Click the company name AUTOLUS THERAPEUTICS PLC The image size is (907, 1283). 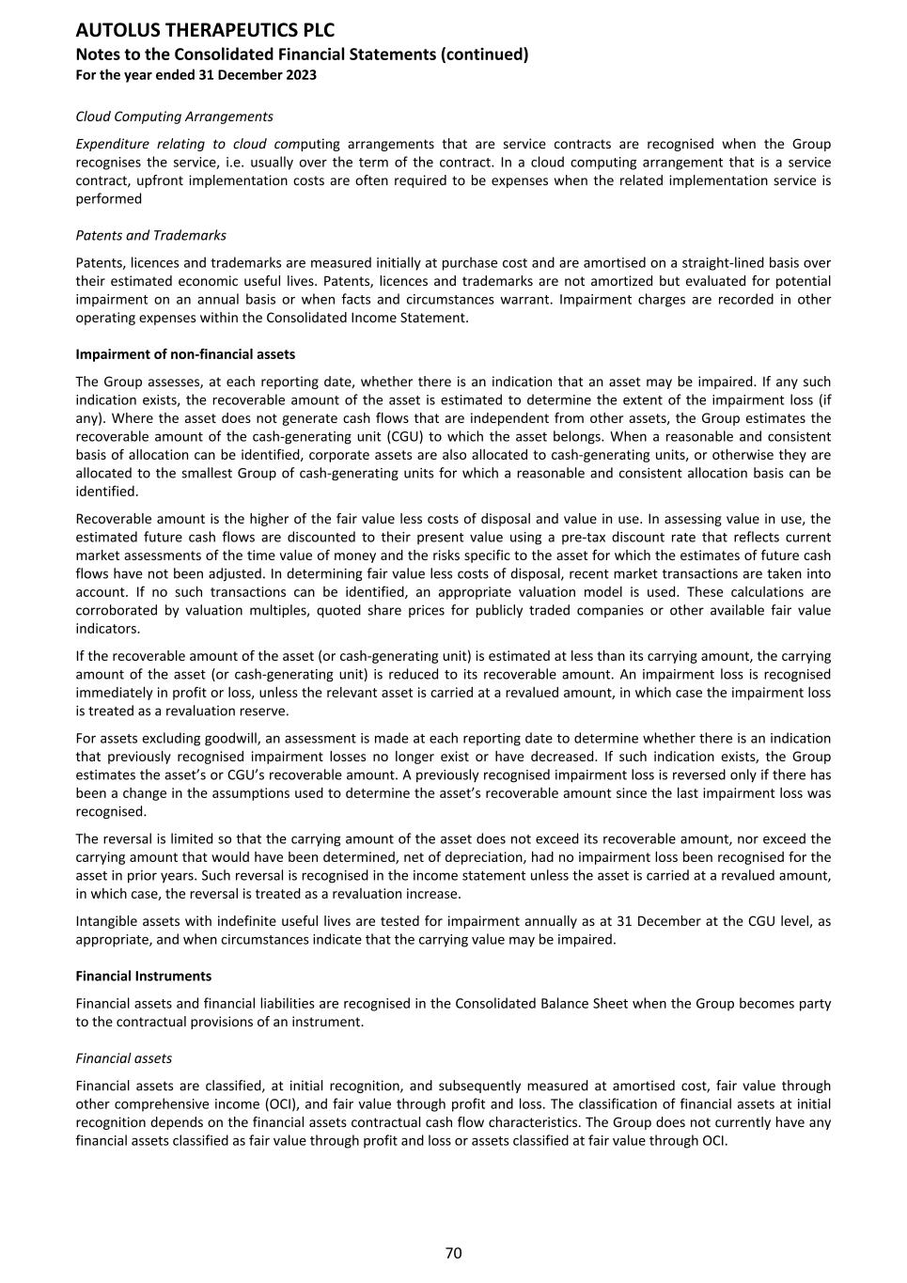click(205, 31)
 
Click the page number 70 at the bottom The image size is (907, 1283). click(453, 1253)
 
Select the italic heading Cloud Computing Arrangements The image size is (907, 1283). click(174, 117)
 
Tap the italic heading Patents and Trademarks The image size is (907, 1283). click(150, 235)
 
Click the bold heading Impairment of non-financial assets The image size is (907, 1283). click(185, 354)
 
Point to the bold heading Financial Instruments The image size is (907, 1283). click(143, 976)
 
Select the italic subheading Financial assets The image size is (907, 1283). click(123, 1058)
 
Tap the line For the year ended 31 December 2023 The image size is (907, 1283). click(195, 75)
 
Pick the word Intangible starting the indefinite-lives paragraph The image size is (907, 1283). click(107, 921)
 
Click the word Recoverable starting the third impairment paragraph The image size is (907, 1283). click(111, 519)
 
